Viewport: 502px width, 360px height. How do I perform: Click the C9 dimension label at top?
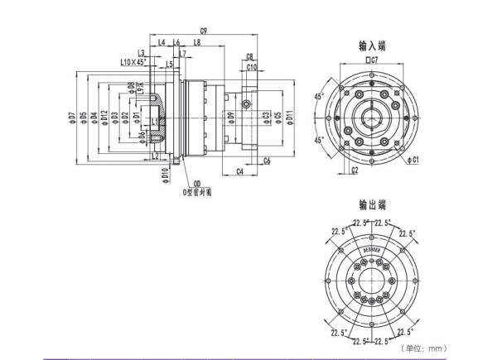[203, 31]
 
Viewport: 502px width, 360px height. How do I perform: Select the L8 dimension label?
[196, 42]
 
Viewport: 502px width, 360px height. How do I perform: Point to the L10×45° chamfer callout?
[133, 62]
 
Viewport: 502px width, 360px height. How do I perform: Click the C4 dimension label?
[239, 170]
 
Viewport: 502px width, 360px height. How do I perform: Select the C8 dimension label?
[250, 56]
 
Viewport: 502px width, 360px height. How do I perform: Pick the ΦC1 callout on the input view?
[415, 157]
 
